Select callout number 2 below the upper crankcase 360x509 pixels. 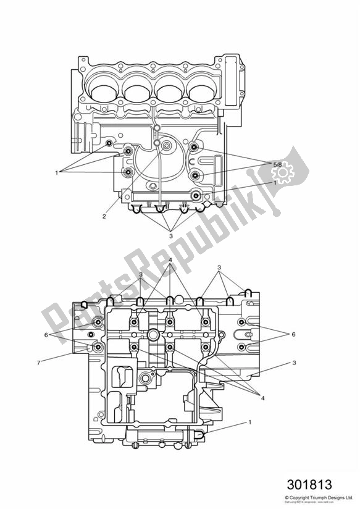104,216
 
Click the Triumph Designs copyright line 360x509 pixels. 319,496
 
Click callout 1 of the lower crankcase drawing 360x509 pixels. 250,423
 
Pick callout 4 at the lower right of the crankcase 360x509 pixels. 262,398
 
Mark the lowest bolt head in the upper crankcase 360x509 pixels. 196,196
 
